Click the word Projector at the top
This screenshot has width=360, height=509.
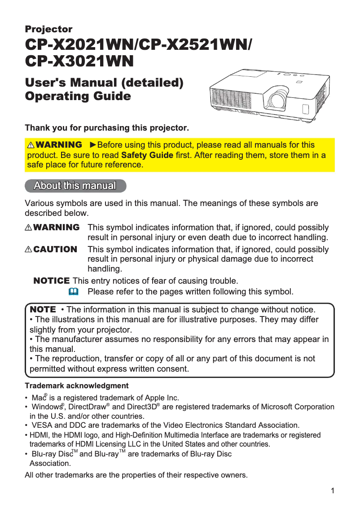click(48, 30)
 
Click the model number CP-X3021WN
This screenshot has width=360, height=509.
click(79, 61)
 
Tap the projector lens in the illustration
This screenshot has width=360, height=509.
click(275, 100)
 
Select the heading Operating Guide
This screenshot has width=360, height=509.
click(78, 97)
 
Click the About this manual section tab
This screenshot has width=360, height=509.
click(75, 186)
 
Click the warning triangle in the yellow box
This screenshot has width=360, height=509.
click(31, 145)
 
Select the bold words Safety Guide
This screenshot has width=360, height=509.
click(147, 155)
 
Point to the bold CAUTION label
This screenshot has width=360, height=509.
click(55, 249)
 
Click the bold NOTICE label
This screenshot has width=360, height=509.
click(52, 281)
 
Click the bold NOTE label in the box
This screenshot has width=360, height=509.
click(43, 310)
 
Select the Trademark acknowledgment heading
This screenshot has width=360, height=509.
click(76, 386)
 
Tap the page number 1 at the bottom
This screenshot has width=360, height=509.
click(332, 491)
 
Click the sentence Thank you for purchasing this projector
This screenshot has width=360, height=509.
click(107, 128)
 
